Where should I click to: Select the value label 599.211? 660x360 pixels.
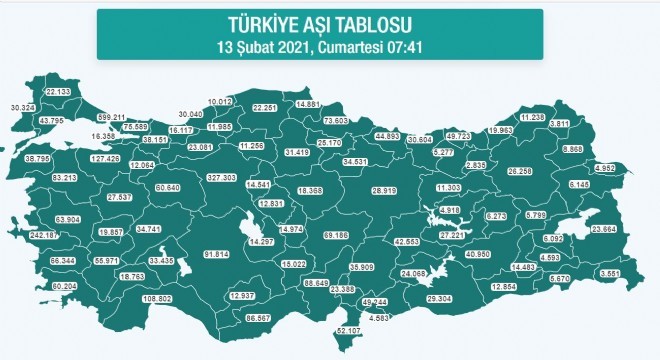click(x=110, y=117)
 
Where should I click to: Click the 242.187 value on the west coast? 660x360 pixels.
click(x=46, y=235)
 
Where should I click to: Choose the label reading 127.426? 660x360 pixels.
click(x=106, y=158)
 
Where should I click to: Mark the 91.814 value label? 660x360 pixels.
click(x=217, y=254)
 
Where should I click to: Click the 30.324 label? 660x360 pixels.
click(x=22, y=106)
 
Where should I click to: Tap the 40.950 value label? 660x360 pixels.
click(x=477, y=254)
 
